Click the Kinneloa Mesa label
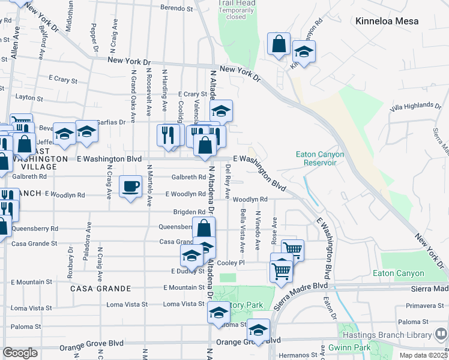point(394,21)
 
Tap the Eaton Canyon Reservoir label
point(320,158)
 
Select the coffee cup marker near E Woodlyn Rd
point(130,187)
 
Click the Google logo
point(20,353)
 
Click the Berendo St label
point(176,9)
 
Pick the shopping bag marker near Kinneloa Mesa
point(279,44)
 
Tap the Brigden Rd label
point(189,212)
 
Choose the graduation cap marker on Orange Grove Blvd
point(259,330)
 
